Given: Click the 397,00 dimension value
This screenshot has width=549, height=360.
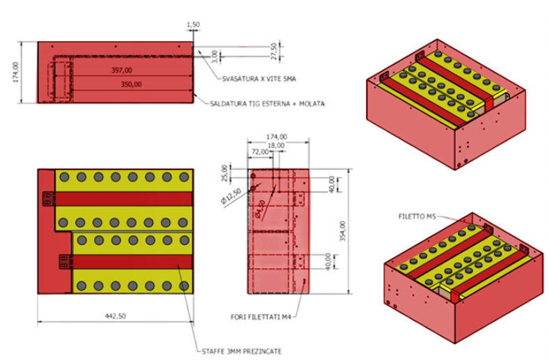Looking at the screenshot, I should [121, 70].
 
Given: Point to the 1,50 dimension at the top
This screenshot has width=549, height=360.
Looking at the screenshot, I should [193, 24].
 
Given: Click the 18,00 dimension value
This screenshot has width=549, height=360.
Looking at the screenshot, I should [276, 144].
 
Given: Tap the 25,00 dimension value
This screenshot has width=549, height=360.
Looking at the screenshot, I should [224, 171].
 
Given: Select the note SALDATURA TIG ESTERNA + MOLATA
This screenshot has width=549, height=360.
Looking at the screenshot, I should [267, 104].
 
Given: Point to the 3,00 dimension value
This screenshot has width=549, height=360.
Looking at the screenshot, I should [214, 56].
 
